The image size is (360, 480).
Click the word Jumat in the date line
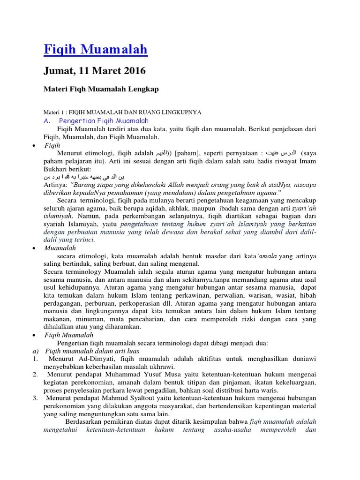tap(57, 71)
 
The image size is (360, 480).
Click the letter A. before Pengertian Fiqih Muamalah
tap(47, 121)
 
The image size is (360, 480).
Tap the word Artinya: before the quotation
tap(55, 185)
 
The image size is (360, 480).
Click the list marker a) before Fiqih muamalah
tap(35, 351)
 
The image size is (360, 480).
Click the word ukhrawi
tap(161, 367)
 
